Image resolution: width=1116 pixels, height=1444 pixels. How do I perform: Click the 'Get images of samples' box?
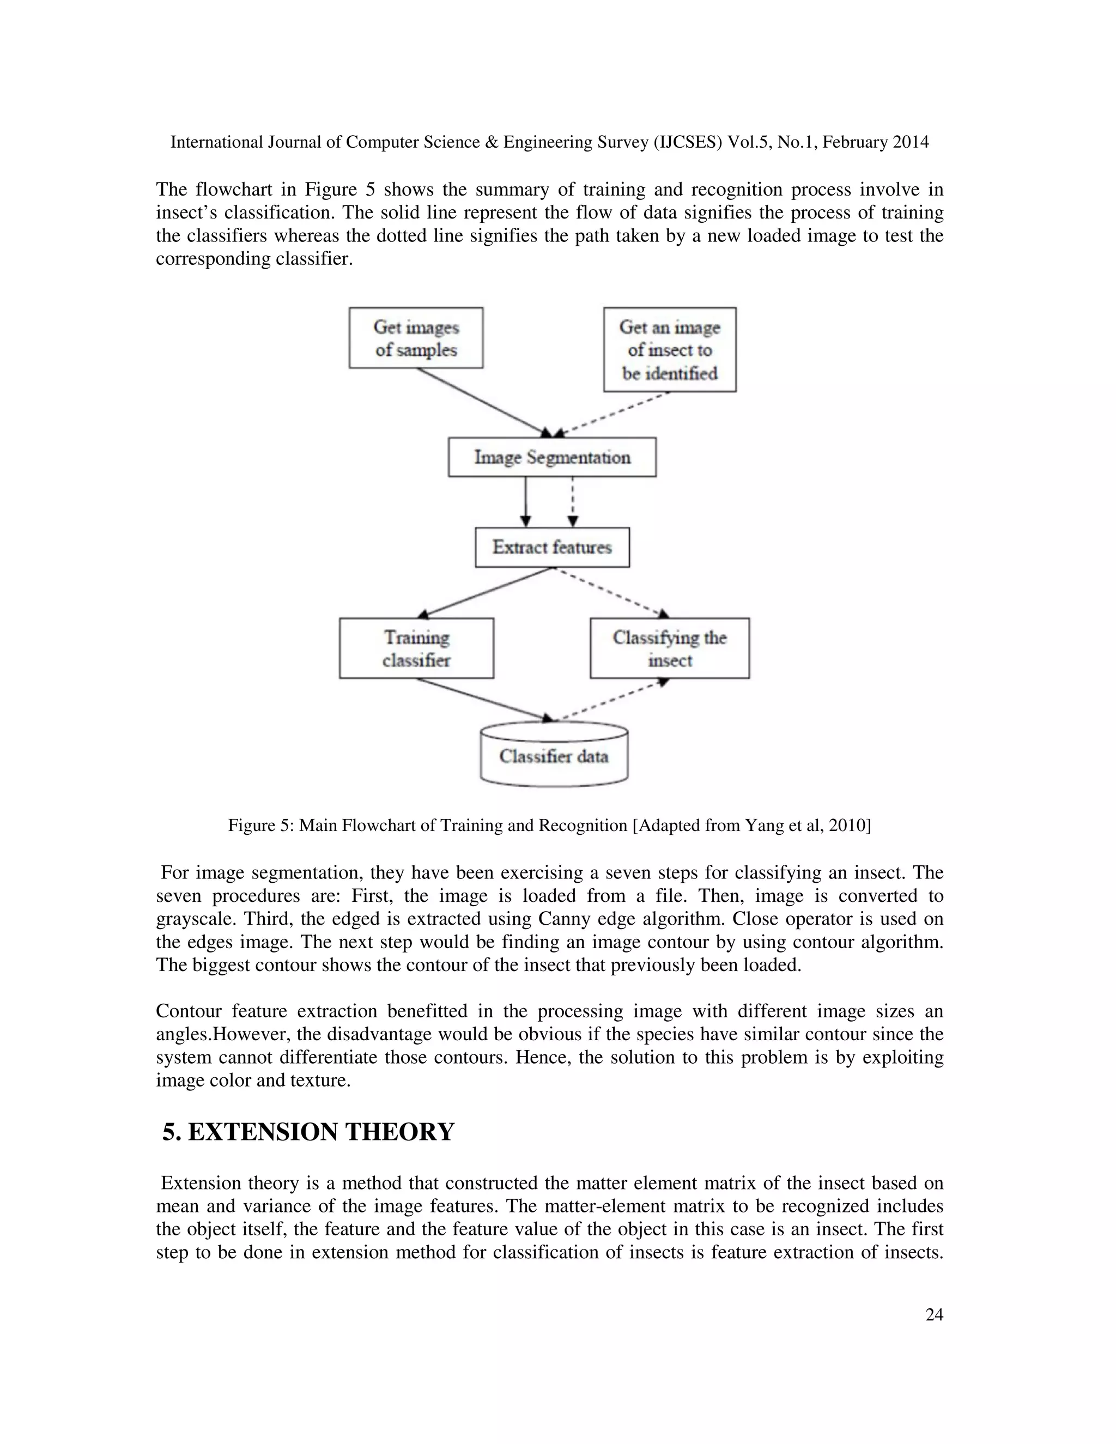[416, 338]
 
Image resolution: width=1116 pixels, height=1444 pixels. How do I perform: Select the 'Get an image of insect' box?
[669, 350]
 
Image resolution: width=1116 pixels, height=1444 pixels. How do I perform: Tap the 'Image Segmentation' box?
[552, 457]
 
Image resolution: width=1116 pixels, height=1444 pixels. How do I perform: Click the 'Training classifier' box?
[416, 648]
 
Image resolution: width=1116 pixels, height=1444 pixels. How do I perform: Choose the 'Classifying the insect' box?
[669, 648]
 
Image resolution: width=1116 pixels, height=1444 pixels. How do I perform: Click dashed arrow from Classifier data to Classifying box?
[611, 701]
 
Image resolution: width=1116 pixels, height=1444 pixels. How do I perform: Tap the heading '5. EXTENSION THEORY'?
[308, 1132]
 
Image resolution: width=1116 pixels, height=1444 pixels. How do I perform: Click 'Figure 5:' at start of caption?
[260, 825]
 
